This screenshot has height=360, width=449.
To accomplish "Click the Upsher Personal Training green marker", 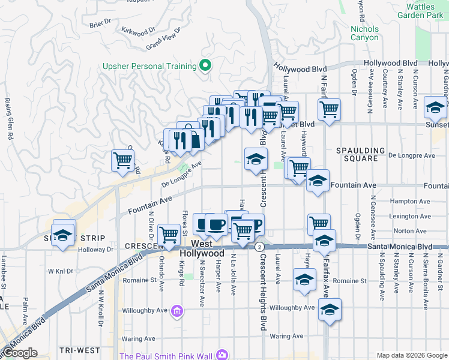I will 206,66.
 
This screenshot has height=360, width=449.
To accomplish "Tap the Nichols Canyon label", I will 364,33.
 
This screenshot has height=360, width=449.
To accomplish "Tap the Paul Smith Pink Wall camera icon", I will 223,356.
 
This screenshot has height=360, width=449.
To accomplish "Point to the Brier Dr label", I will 100,24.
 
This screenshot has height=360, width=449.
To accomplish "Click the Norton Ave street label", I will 410,230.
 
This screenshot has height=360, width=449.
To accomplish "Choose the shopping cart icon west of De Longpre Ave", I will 122,161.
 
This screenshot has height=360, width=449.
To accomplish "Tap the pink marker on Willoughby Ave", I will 176,311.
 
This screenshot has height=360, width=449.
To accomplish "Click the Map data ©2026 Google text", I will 411,355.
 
